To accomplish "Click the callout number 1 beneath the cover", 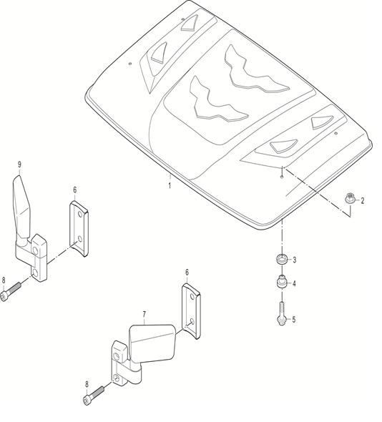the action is tap(170, 185).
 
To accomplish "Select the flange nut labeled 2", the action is tap(349, 199).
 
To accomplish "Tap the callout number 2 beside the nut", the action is tap(363, 200).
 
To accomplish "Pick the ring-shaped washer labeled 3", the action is tap(282, 259).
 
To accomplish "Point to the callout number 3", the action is tap(295, 260).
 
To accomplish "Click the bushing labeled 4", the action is tap(282, 282).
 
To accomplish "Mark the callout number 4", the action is tap(294, 283).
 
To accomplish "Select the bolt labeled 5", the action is tap(281, 314).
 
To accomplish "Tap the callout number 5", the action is tap(294, 320).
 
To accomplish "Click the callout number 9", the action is tap(19, 165).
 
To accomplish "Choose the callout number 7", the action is tap(145, 314).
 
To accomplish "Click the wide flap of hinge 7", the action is tap(152, 344).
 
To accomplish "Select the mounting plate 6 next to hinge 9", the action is tap(79, 228).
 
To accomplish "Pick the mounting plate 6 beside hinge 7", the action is tap(192, 311).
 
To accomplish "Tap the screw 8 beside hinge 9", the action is tap(11, 292).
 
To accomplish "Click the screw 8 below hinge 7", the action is tap(94, 396).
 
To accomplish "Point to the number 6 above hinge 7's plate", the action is tap(187, 273).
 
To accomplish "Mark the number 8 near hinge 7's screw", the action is tap(87, 385).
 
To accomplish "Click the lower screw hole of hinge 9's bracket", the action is tap(35, 273).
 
